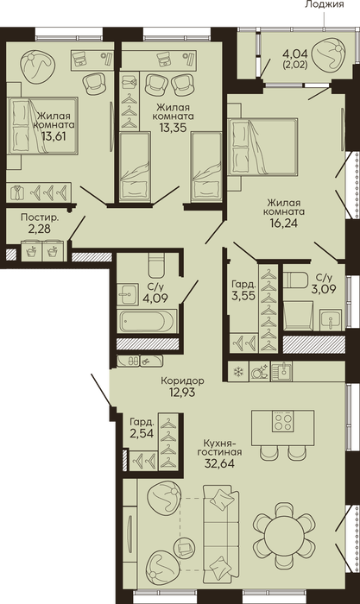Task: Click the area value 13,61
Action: tap(54, 136)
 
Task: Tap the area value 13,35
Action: tap(173, 127)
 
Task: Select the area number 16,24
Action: tap(284, 223)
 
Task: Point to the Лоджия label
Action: tap(324, 4)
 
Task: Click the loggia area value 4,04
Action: tap(296, 53)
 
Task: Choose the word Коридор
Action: tap(183, 381)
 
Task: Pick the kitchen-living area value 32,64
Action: tap(219, 462)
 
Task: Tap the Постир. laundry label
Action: tap(40, 217)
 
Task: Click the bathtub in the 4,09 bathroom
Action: tap(148, 321)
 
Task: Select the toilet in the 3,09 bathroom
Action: tap(295, 280)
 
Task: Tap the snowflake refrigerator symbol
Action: tap(239, 372)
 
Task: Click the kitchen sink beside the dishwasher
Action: tap(281, 371)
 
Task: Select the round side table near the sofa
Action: tap(185, 547)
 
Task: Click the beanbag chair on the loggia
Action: tap(327, 54)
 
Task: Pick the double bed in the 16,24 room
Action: tap(262, 147)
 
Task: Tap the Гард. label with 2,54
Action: tap(142, 422)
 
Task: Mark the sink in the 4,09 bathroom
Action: tap(127, 295)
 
